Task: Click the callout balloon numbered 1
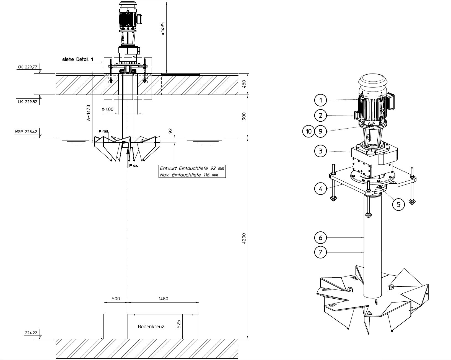click(321, 100)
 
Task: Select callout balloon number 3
click(321, 151)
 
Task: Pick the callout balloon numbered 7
click(321, 252)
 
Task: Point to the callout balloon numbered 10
click(308, 131)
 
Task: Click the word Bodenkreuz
click(151, 327)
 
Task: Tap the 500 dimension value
click(116, 299)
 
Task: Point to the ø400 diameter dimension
click(108, 109)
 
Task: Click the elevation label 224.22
click(32, 333)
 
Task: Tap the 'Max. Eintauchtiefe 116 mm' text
click(189, 175)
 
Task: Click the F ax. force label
click(133, 166)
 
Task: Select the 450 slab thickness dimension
click(244, 84)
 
